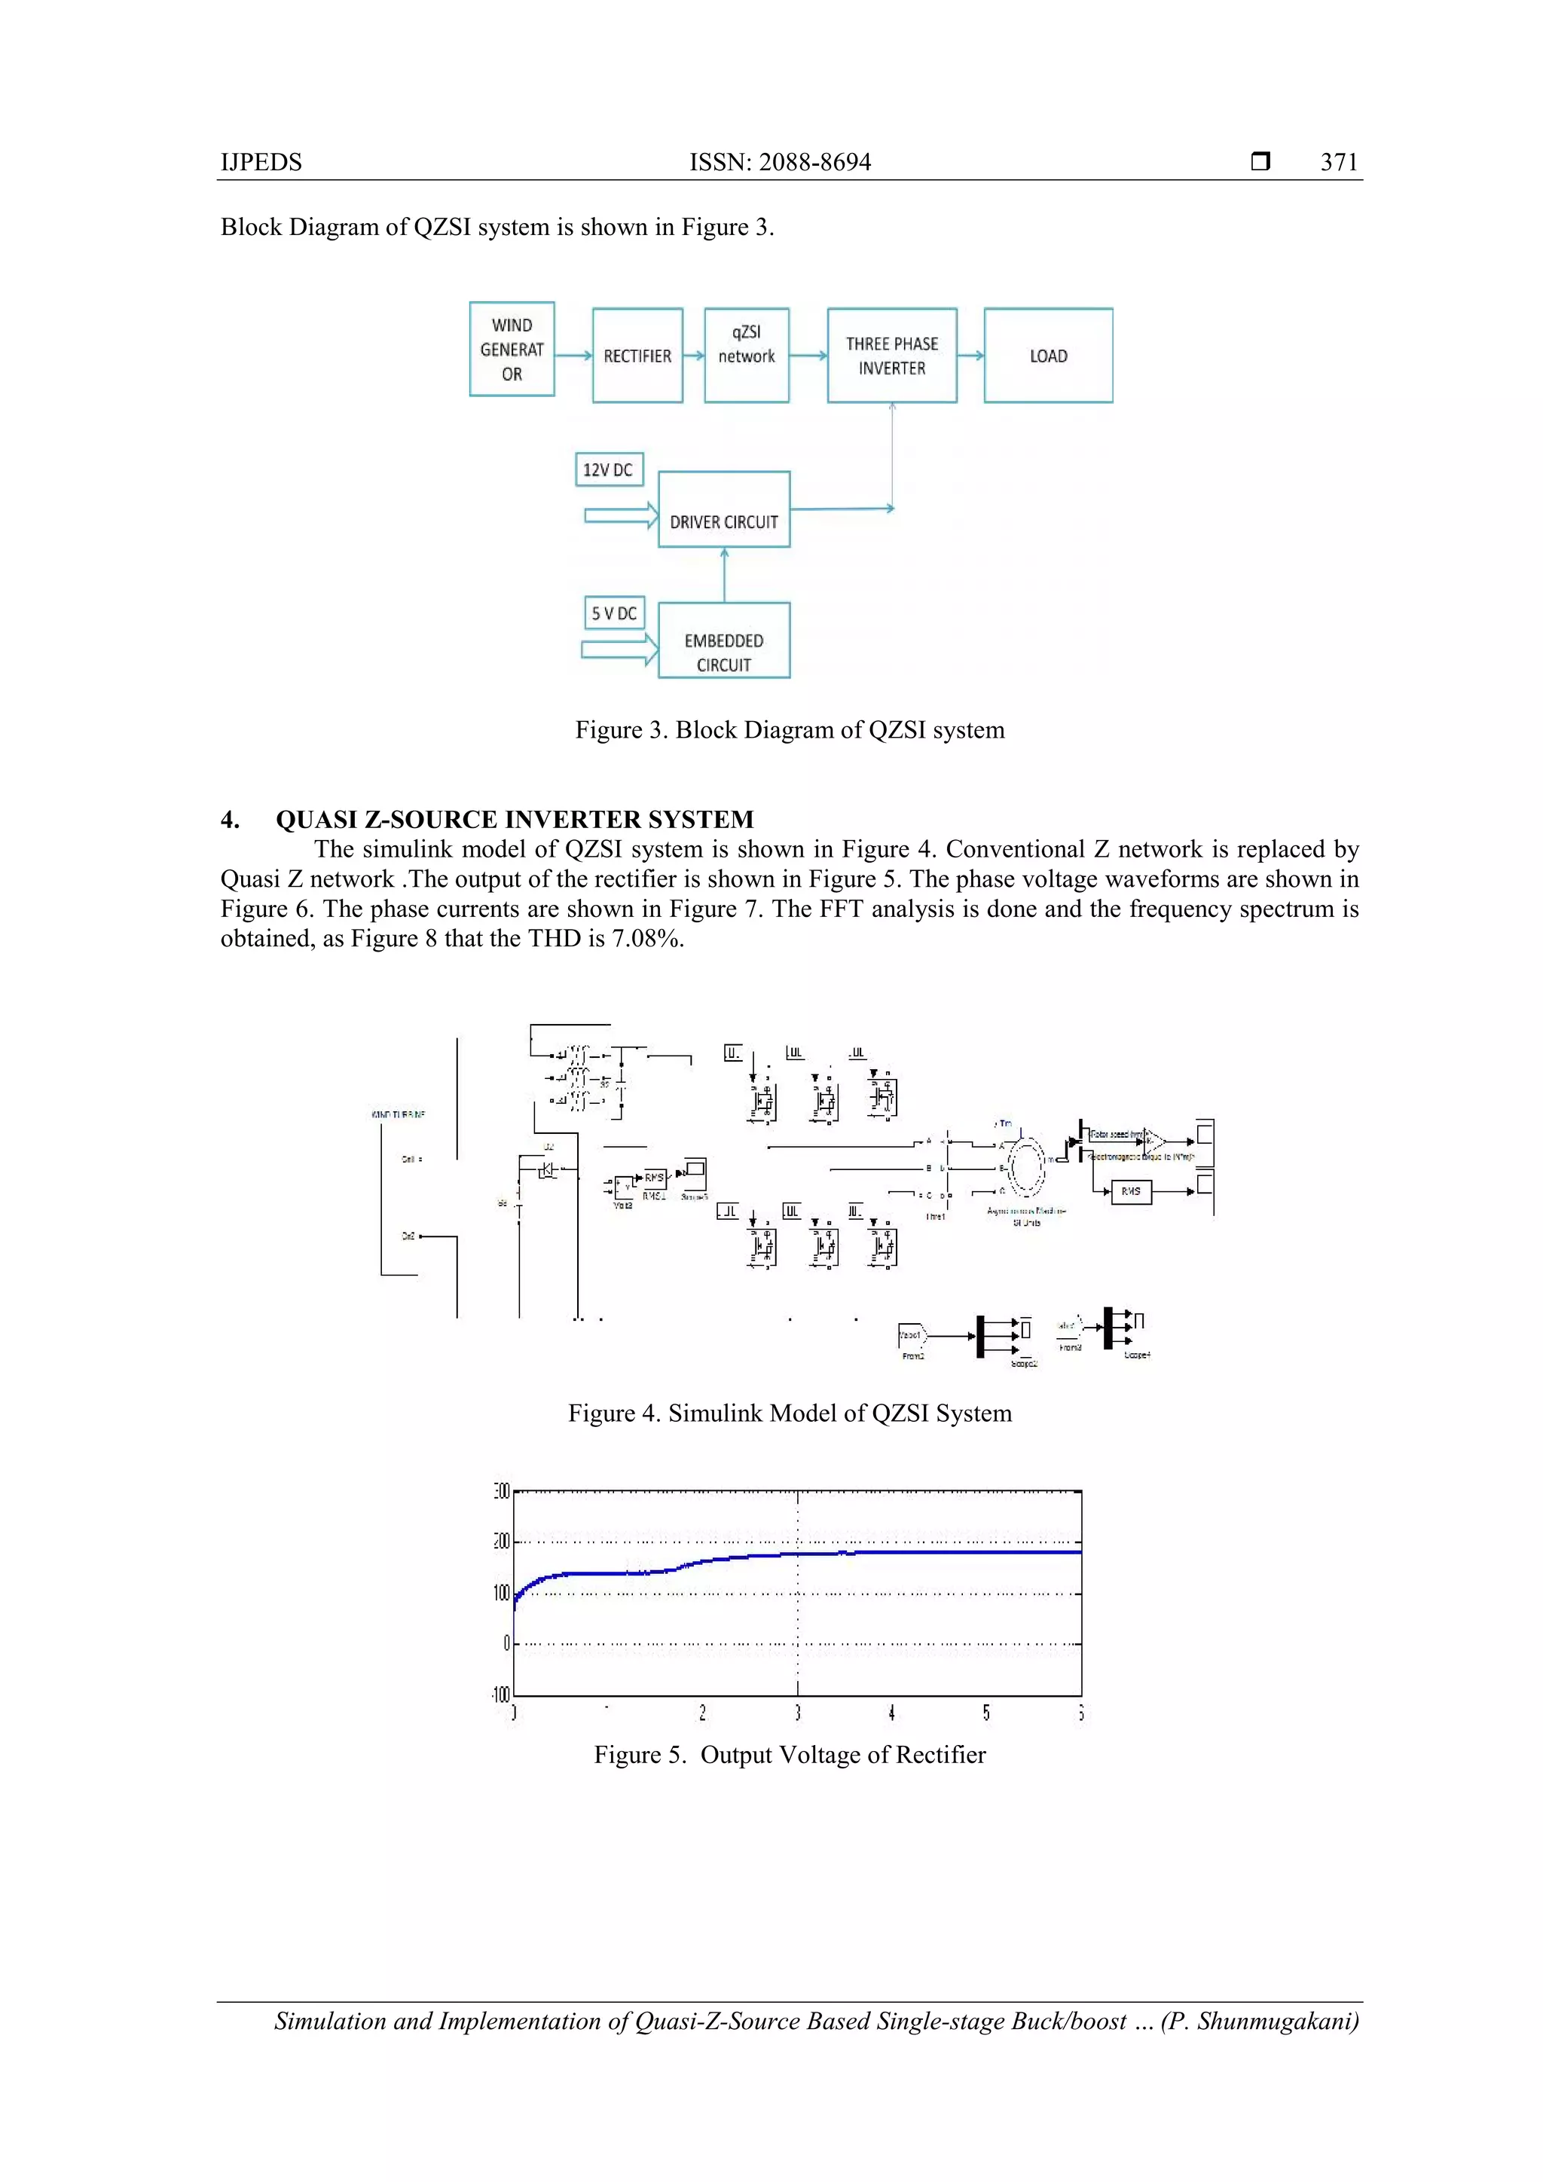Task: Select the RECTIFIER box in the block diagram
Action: click(x=637, y=356)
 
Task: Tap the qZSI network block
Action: click(x=746, y=356)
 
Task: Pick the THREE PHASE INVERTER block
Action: click(x=891, y=356)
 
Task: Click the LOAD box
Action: click(x=1048, y=356)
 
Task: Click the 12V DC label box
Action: click(x=608, y=469)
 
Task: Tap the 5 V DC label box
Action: click(x=614, y=613)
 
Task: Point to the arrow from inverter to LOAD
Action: click(x=970, y=356)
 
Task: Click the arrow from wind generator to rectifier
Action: click(x=573, y=356)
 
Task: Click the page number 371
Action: click(x=1339, y=163)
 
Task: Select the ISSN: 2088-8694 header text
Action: click(x=779, y=163)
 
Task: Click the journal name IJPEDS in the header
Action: click(x=261, y=163)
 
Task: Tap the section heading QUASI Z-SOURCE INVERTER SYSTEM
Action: click(x=514, y=819)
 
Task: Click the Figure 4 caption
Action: click(x=790, y=1413)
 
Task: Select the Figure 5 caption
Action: click(x=790, y=1754)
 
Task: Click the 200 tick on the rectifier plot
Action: click(x=502, y=1541)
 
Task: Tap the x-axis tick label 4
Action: click(x=891, y=1713)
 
